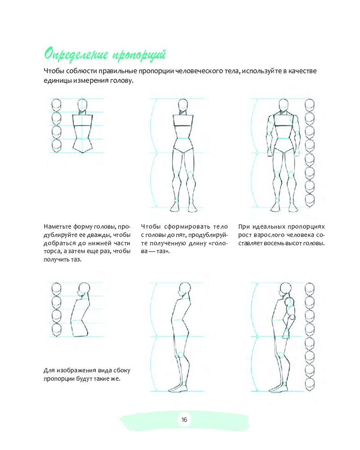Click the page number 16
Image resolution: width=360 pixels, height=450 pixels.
tap(184, 419)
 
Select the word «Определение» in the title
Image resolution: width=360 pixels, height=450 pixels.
tap(76, 54)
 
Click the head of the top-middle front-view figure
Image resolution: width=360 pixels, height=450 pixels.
tap(183, 105)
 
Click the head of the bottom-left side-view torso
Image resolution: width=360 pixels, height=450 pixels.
tap(84, 289)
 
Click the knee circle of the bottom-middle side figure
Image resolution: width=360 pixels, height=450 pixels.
tap(180, 355)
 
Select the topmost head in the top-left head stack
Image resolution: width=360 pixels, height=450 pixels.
tap(56, 105)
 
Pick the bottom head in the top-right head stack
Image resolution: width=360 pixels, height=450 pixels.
tap(310, 201)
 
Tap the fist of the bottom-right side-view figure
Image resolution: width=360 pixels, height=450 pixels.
tap(292, 317)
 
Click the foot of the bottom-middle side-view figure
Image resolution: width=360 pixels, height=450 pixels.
tap(178, 388)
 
